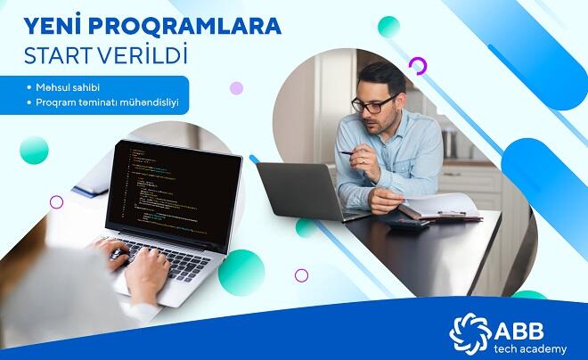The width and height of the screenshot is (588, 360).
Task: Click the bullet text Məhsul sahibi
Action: click(x=68, y=87)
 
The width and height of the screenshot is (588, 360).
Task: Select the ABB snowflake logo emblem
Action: click(x=470, y=333)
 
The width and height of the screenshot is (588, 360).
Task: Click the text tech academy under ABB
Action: click(x=530, y=349)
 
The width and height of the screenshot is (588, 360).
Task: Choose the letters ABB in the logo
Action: click(x=519, y=331)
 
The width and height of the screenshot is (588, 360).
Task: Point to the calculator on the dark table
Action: click(x=408, y=224)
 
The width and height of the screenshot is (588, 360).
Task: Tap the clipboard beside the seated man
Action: click(x=441, y=209)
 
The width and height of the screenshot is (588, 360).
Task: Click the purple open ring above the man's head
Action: click(x=418, y=66)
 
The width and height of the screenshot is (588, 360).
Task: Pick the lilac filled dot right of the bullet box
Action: click(x=236, y=88)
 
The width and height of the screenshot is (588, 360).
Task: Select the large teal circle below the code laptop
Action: click(x=241, y=273)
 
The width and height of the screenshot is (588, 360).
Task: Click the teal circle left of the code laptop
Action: click(x=34, y=151)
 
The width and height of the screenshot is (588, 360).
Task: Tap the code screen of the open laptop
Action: click(x=174, y=194)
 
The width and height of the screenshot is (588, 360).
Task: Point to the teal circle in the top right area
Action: click(x=388, y=27)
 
